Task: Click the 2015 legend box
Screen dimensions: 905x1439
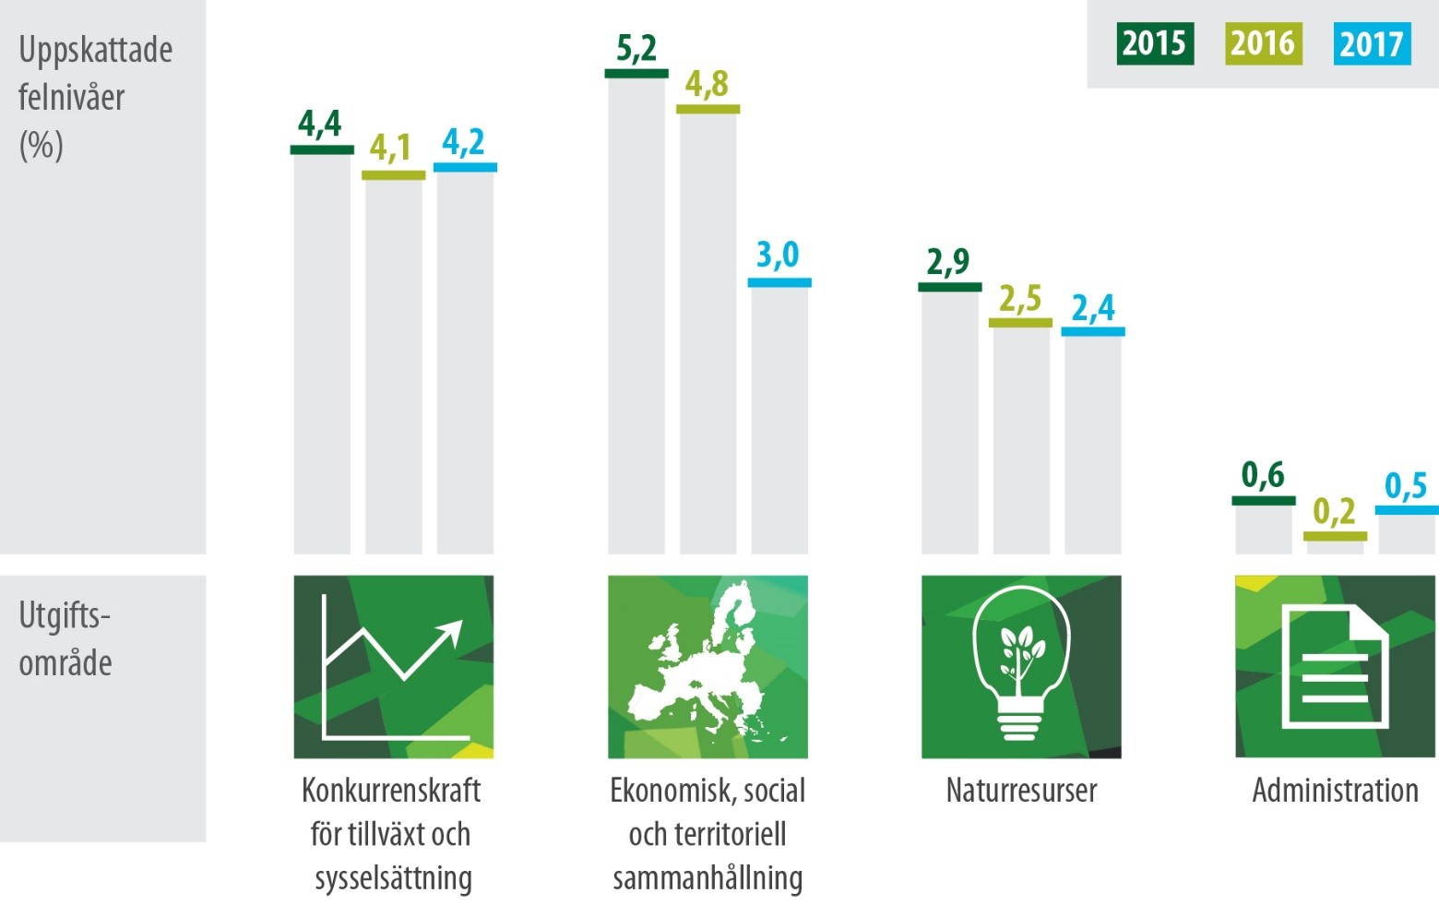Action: coord(1154,44)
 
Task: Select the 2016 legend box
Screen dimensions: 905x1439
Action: coord(1263,44)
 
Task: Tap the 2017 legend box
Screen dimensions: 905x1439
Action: coord(1372,44)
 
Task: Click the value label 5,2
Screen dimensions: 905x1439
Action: coord(636,48)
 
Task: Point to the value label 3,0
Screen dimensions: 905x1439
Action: coord(778,255)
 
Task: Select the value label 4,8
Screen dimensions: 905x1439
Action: coord(707,85)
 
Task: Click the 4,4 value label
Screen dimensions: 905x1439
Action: coord(320,124)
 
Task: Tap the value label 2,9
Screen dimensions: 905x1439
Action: coord(948,262)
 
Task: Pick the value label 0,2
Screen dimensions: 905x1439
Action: coord(1334,511)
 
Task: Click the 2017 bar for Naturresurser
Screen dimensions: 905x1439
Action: coord(1093,443)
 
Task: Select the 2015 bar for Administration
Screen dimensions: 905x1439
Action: coord(1264,528)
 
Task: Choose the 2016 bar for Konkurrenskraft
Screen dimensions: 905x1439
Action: coord(394,364)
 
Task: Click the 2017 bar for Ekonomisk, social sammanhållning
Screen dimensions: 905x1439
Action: coord(779,420)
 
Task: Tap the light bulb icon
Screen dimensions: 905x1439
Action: coord(1020,662)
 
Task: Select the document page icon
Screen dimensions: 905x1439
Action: coord(1335,666)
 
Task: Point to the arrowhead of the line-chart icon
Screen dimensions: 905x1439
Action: coord(452,630)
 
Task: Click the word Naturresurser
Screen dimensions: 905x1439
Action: coord(1021,791)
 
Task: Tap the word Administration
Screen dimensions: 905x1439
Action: coord(1335,791)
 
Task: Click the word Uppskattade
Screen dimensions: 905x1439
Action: coord(95,50)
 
